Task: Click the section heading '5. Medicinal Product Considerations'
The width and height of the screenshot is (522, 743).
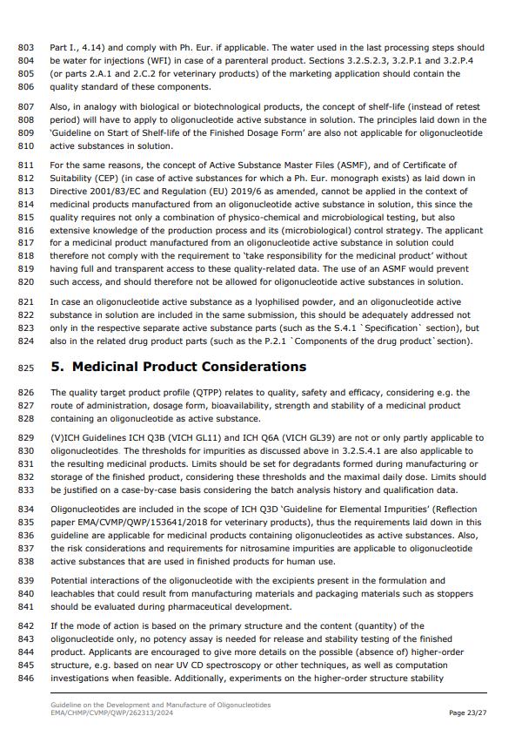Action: pyautogui.click(x=177, y=367)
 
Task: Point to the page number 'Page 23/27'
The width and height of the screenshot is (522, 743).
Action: pyautogui.click(x=468, y=713)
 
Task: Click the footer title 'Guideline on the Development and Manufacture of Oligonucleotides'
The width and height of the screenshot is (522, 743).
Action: pyautogui.click(x=160, y=704)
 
